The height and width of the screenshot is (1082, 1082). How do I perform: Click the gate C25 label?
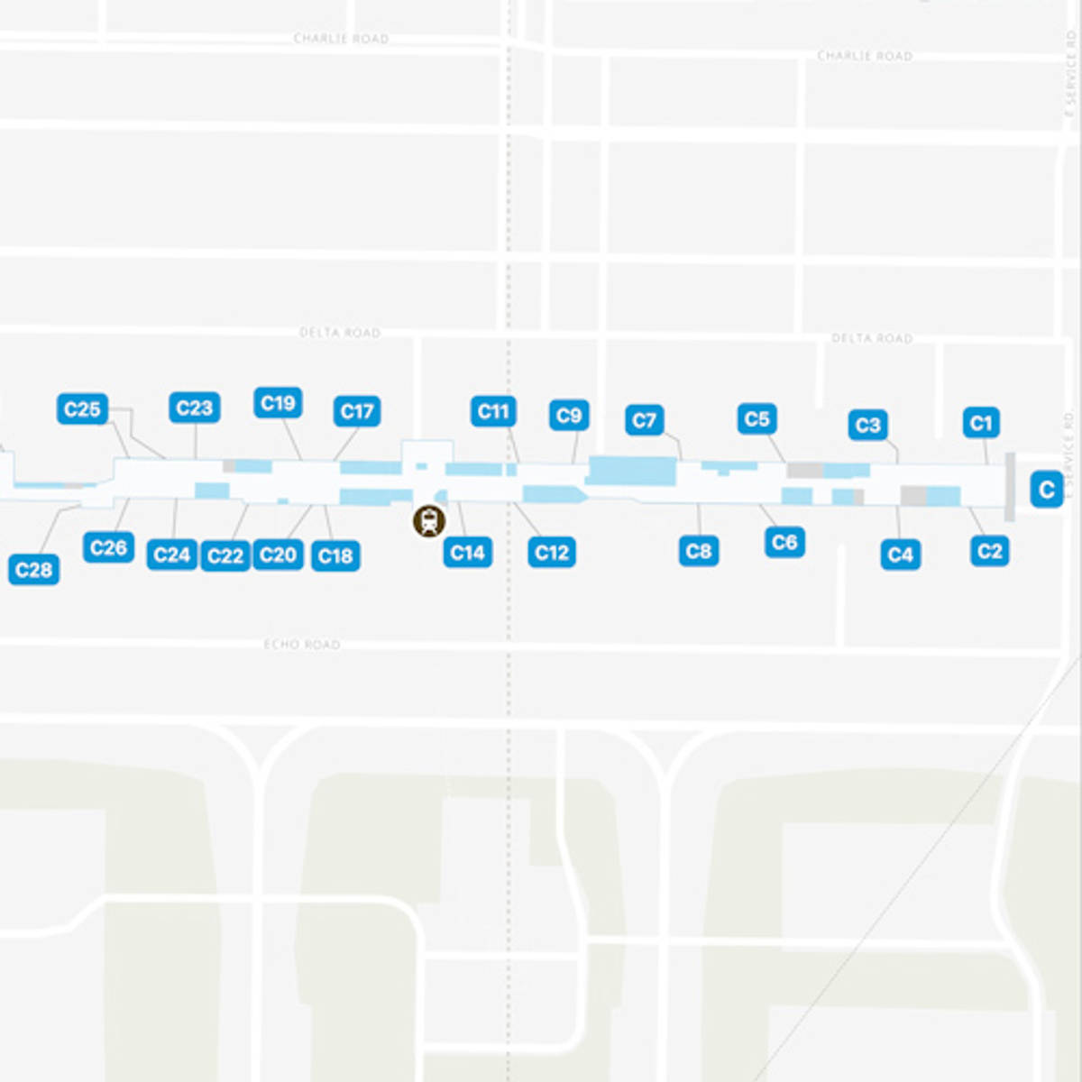click(x=82, y=409)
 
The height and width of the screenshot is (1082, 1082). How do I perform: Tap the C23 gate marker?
click(x=194, y=408)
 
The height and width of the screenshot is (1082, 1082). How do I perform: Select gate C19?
click(x=278, y=403)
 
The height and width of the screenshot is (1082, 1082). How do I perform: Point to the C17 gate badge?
click(x=357, y=411)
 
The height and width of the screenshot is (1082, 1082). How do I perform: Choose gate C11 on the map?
click(x=493, y=411)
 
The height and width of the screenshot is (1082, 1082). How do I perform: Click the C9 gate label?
click(x=569, y=415)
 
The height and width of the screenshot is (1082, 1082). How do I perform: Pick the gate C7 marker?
click(x=644, y=420)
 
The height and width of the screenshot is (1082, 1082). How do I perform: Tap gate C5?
click(x=756, y=418)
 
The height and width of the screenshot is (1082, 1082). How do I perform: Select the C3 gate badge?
click(x=867, y=425)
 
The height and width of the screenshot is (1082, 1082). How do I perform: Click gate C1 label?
click(x=981, y=422)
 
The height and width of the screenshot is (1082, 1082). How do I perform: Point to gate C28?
click(x=34, y=570)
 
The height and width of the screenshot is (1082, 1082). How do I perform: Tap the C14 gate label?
click(x=467, y=552)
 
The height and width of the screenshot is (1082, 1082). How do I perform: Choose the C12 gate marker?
click(x=551, y=552)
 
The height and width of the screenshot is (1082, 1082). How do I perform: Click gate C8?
click(x=699, y=550)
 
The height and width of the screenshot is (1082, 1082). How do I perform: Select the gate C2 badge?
click(x=989, y=551)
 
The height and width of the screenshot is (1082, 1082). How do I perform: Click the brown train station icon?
click(x=429, y=520)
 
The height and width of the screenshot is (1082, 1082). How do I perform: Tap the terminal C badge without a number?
click(x=1046, y=490)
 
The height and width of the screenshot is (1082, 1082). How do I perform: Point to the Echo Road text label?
click(x=302, y=644)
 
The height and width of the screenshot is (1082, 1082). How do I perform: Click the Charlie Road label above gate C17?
click(x=341, y=39)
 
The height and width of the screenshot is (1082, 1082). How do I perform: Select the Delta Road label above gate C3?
click(x=871, y=338)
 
